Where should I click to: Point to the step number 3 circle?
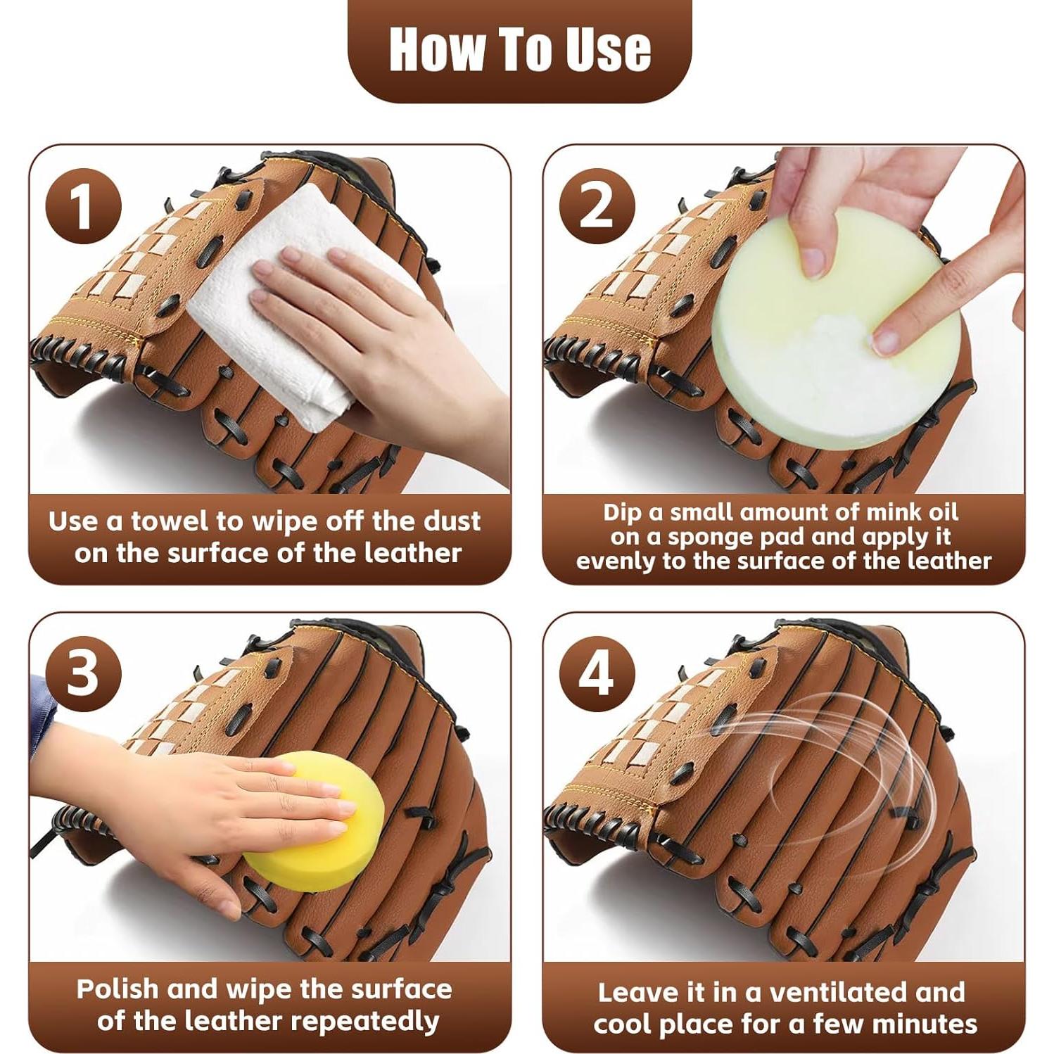(x=83, y=673)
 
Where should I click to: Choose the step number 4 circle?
(x=597, y=673)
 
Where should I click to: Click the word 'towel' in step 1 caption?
(x=170, y=521)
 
